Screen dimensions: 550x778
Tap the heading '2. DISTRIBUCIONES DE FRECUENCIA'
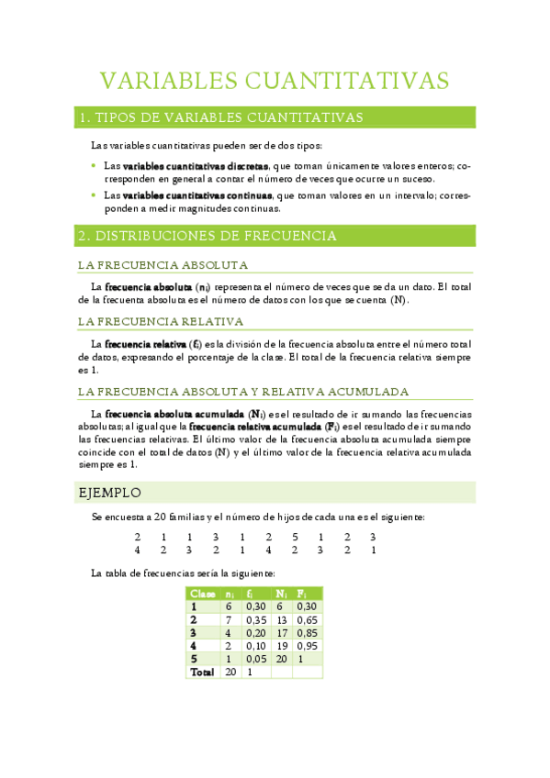208,236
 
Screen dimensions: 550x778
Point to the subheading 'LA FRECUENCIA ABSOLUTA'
163,265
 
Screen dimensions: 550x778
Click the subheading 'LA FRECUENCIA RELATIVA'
161,321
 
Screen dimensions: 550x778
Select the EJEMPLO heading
109,493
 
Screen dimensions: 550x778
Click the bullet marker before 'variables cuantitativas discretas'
94,166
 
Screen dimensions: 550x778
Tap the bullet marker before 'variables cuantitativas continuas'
94,195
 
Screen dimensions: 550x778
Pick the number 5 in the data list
296,537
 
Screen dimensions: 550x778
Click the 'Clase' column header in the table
202,594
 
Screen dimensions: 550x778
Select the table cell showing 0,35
256,619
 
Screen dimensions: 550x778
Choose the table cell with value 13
283,619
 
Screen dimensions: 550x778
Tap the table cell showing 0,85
308,632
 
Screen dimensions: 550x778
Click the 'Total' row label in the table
201,672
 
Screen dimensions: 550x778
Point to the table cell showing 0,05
256,659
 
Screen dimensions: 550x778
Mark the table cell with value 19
283,646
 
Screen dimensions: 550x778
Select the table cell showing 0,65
308,619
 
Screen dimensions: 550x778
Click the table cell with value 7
230,619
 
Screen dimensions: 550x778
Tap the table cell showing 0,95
308,646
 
